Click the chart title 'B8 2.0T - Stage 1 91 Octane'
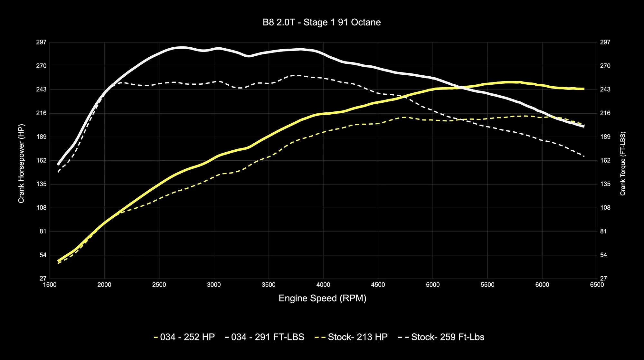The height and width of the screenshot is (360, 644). [322, 22]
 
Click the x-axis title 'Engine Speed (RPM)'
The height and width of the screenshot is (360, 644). [322, 298]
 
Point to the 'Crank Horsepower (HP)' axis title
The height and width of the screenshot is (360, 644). [21, 164]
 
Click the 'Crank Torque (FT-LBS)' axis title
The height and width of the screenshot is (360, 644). [623, 164]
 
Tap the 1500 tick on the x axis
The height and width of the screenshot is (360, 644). [50, 285]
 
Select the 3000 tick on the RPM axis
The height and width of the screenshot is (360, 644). [214, 285]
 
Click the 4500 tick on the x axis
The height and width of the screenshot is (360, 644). [378, 285]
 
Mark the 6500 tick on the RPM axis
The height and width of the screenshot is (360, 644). [597, 285]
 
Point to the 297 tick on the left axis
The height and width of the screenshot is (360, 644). [42, 42]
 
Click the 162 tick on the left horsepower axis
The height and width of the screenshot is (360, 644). [42, 160]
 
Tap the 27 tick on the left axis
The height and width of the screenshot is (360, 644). [43, 279]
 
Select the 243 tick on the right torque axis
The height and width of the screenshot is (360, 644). [605, 90]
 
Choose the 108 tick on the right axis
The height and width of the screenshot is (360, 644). [605, 208]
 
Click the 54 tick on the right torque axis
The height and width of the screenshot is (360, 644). [604, 255]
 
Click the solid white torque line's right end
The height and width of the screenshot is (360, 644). [584, 127]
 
